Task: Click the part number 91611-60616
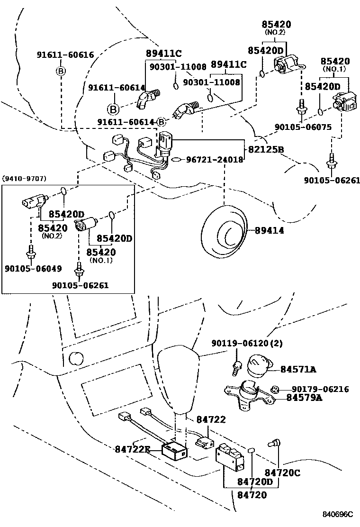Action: pyautogui.click(x=65, y=55)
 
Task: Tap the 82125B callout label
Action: pyautogui.click(x=266, y=150)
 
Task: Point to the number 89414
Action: pyautogui.click(x=270, y=230)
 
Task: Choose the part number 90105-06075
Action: pyautogui.click(x=303, y=127)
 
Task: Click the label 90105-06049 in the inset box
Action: pyautogui.click(x=33, y=268)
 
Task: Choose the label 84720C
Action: pyautogui.click(x=282, y=472)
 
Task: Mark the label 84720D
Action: pyautogui.click(x=256, y=483)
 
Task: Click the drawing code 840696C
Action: pyautogui.click(x=338, y=514)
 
